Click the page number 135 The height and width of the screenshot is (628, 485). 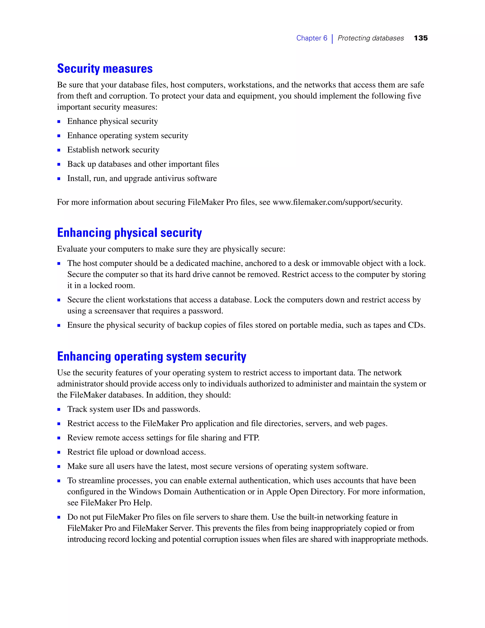[421, 38]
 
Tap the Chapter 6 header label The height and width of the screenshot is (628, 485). [311, 38]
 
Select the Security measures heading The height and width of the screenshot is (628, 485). [105, 69]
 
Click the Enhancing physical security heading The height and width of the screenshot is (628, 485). [129, 233]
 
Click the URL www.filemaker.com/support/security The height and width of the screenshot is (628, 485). [337, 202]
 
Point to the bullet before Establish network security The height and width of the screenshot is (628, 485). [59, 150]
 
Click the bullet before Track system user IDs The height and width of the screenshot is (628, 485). [59, 410]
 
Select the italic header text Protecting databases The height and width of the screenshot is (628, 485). [370, 38]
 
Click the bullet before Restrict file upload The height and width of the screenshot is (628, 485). [59, 452]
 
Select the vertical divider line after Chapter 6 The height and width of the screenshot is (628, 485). [332, 39]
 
